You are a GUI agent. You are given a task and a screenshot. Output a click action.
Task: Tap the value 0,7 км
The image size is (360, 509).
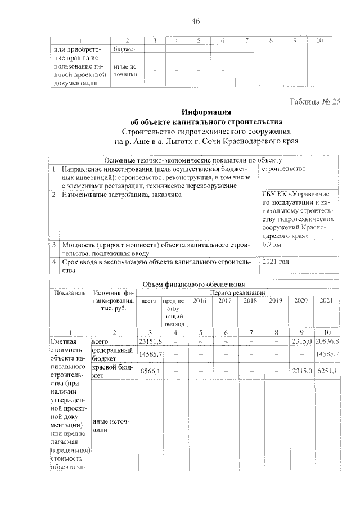[x=273, y=246]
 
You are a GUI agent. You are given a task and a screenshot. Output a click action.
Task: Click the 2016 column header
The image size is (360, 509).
[x=199, y=301]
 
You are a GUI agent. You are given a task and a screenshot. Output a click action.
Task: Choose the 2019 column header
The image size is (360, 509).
[x=275, y=301]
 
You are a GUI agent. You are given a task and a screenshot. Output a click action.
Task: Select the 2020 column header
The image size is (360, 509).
[x=301, y=301]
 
